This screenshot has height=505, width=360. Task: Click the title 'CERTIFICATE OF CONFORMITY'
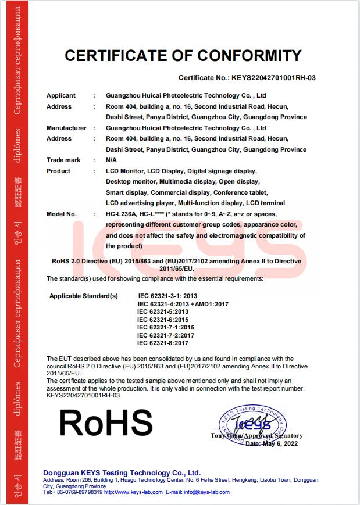coord(183,56)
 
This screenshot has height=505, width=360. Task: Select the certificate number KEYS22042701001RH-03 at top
coord(273,77)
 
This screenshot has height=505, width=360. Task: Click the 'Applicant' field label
coord(61,95)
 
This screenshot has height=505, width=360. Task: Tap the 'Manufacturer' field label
coord(66,128)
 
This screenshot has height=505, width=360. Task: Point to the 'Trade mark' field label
coord(63,160)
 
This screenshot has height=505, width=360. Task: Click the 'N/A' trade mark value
coord(112,160)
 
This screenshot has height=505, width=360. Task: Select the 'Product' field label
coord(58,171)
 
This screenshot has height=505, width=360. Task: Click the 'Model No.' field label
coord(62,214)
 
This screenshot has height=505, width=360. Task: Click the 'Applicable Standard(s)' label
coord(84,296)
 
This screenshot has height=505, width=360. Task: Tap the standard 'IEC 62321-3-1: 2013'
coord(167,296)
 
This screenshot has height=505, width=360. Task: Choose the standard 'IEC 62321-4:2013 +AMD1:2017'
coord(183,304)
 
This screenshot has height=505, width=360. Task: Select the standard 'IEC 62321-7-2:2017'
coord(166,335)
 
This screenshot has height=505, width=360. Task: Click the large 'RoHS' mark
coord(104,423)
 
